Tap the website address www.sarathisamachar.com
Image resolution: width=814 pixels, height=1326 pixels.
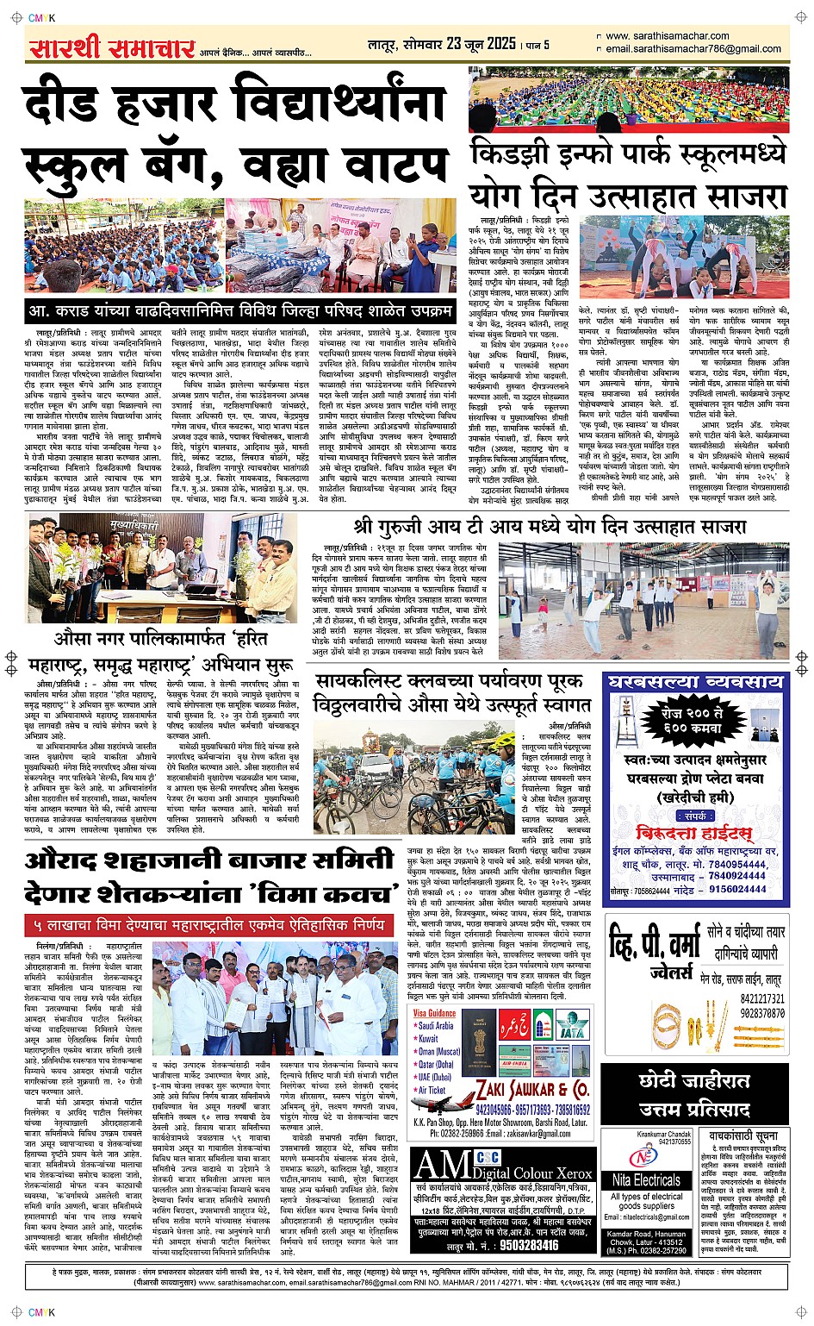pos(667,36)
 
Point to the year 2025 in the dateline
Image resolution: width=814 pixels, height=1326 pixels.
pos(501,44)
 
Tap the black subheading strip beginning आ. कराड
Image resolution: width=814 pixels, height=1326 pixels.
pos(240,310)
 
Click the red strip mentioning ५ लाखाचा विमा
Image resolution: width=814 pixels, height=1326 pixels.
pos(209,925)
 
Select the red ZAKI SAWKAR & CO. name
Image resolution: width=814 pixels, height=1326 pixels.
pos(532,1089)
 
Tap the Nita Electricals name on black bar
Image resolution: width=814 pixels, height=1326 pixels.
pos(646,1179)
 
